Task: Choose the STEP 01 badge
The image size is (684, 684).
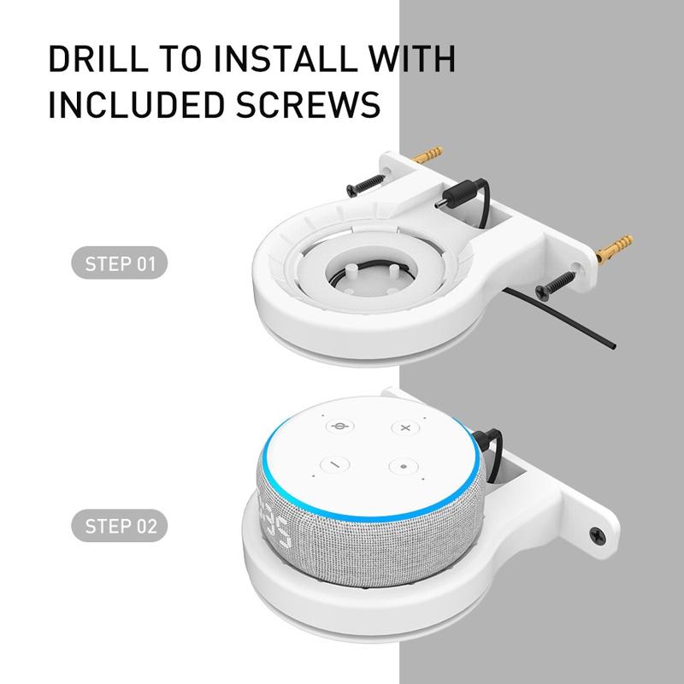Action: click(x=121, y=262)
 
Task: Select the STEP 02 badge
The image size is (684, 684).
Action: click(x=121, y=525)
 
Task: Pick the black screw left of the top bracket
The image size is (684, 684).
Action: click(x=363, y=183)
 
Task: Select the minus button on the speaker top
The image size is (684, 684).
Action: click(x=334, y=465)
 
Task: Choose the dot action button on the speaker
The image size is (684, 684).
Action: click(x=402, y=466)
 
